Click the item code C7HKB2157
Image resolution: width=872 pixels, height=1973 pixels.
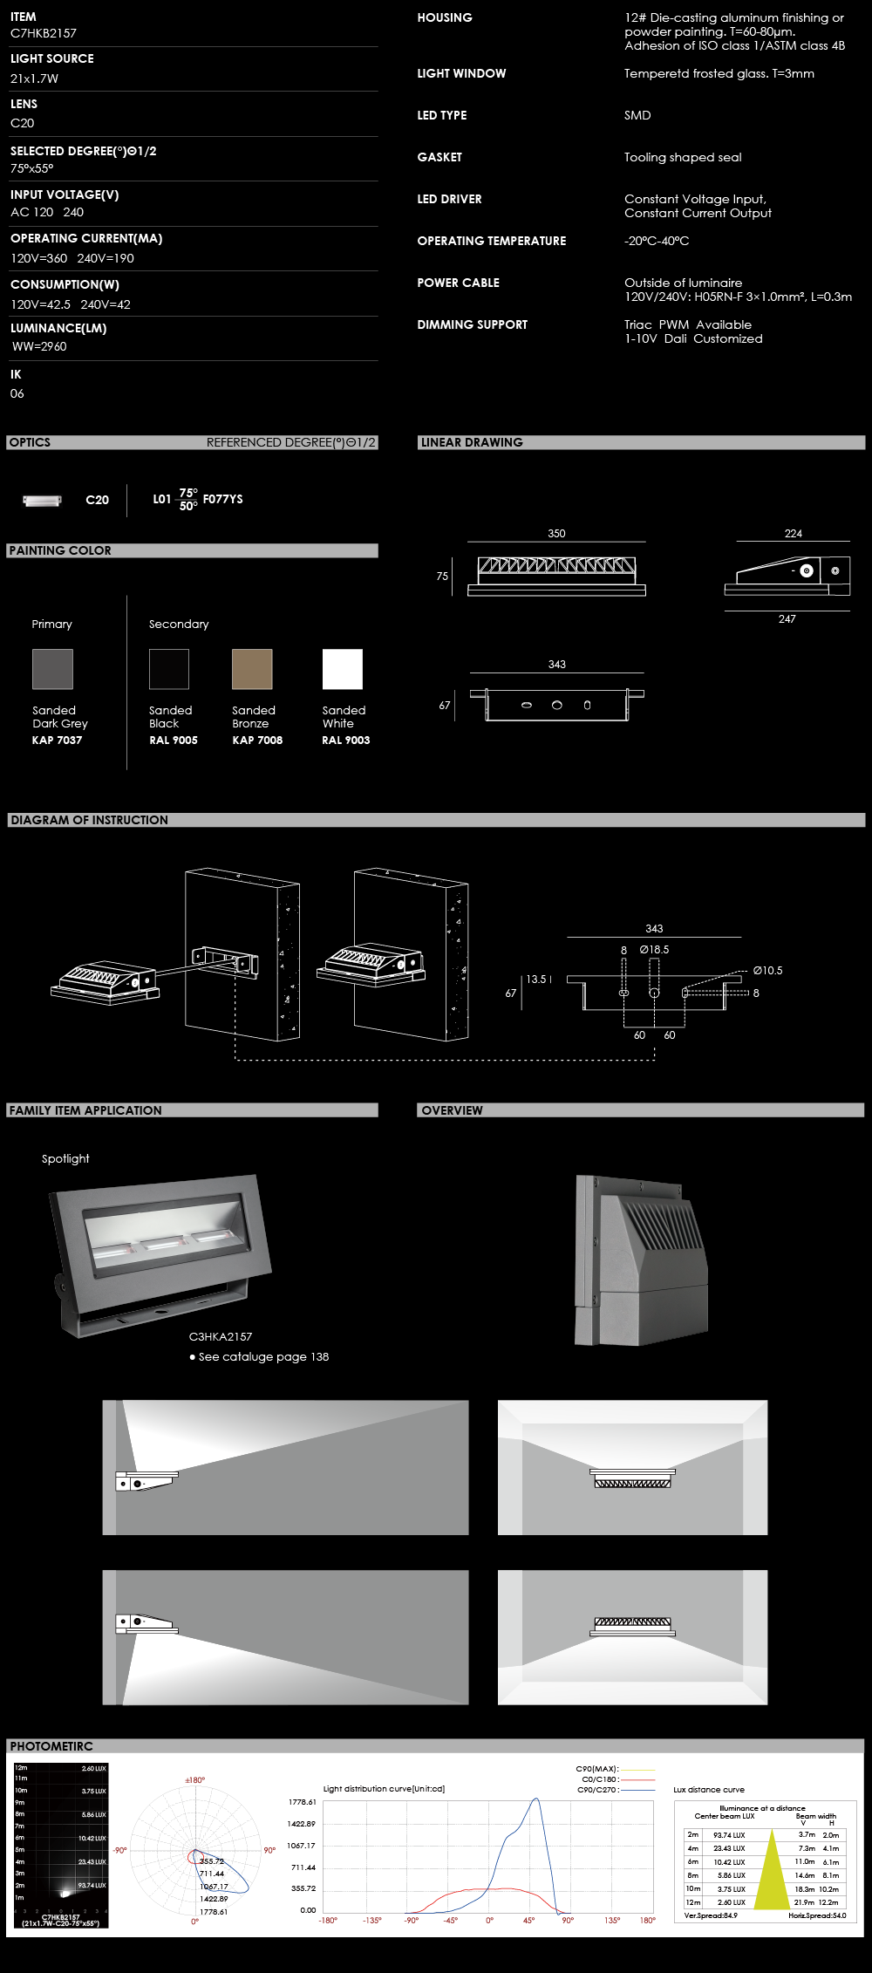[x=44, y=33]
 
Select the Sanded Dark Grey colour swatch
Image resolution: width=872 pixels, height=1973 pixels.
[x=52, y=669]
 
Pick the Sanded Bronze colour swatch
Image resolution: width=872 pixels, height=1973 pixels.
[x=252, y=669]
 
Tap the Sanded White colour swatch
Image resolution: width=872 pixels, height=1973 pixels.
[x=342, y=669]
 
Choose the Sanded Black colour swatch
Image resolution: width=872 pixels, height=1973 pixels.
[x=169, y=669]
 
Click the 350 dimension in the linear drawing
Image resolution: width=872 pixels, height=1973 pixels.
[x=556, y=534]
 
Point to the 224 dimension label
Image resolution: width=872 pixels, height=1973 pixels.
[x=793, y=534]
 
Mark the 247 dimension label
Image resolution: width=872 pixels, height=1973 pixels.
[x=787, y=619]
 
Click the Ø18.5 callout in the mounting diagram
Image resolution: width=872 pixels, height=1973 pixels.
[x=654, y=950]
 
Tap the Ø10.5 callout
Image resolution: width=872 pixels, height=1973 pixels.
[x=767, y=971]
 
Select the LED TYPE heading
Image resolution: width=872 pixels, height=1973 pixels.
[x=442, y=115]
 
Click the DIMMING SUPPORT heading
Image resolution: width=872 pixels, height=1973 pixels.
[x=473, y=324]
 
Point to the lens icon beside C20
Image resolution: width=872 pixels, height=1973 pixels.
[x=42, y=501]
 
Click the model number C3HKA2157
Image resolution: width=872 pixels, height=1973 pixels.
[x=221, y=1336]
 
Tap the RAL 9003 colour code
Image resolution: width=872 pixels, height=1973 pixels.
[x=346, y=741]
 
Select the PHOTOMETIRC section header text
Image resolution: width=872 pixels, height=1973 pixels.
[x=51, y=1746]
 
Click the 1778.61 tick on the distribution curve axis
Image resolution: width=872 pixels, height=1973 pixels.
[x=302, y=1802]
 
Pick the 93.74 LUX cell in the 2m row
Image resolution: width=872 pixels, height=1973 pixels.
[x=729, y=1835]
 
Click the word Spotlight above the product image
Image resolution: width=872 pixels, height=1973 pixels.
[x=65, y=1159]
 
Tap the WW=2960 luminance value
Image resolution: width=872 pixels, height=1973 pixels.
[x=39, y=346]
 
